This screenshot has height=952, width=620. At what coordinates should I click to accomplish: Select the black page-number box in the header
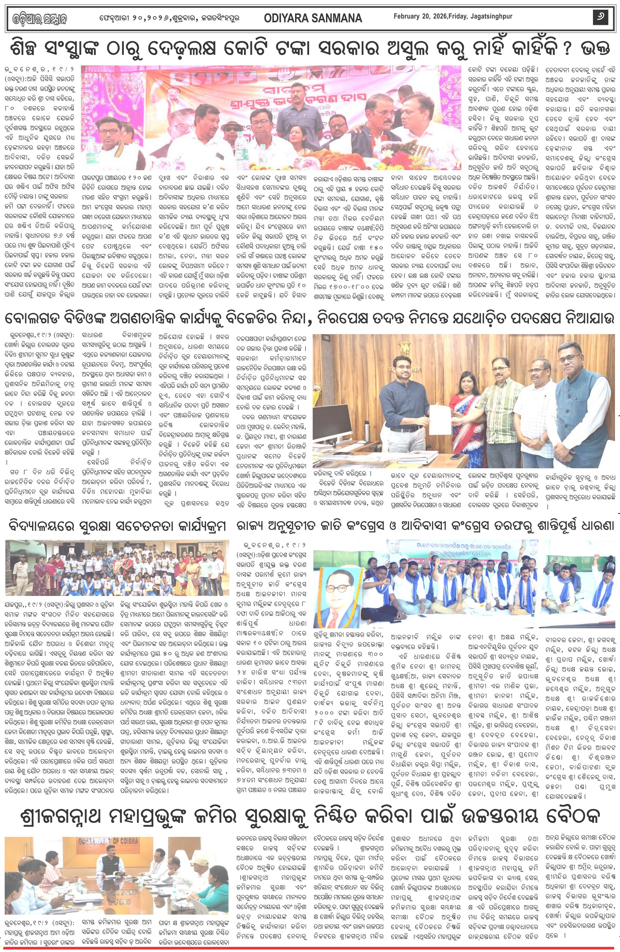[601, 17]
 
